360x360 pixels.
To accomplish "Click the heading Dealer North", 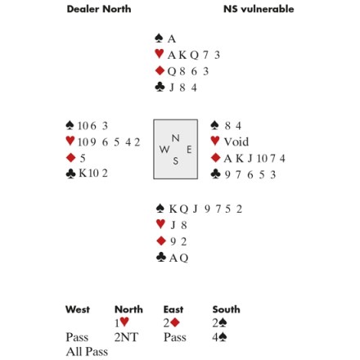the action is (x=99, y=9).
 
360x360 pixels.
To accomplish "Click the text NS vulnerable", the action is (x=259, y=9).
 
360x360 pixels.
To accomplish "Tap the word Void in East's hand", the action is (x=236, y=142).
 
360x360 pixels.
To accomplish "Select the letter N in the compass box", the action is (x=176, y=138).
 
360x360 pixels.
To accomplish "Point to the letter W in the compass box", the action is (x=164, y=149).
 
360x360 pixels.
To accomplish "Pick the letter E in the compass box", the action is (x=189, y=150).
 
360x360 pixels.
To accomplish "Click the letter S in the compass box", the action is (x=176, y=161).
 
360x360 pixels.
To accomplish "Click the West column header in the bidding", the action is (x=78, y=309).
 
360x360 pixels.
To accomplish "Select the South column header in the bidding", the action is (x=226, y=309).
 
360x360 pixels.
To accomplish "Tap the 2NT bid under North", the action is (x=126, y=337).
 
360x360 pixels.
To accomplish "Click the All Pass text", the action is (x=87, y=352).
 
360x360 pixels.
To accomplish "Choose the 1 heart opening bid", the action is (x=122, y=322).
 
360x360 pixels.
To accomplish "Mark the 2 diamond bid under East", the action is (x=171, y=323).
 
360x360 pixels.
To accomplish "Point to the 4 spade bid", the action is (x=219, y=337).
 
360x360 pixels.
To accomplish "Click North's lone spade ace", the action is (x=172, y=39).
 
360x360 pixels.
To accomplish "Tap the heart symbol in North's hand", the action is (x=159, y=54).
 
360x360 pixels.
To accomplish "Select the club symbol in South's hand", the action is (x=161, y=257).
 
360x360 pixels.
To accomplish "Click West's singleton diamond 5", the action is (x=83, y=158).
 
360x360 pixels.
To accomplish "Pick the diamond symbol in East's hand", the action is (x=215, y=158).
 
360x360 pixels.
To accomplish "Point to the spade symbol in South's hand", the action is (x=160, y=209).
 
